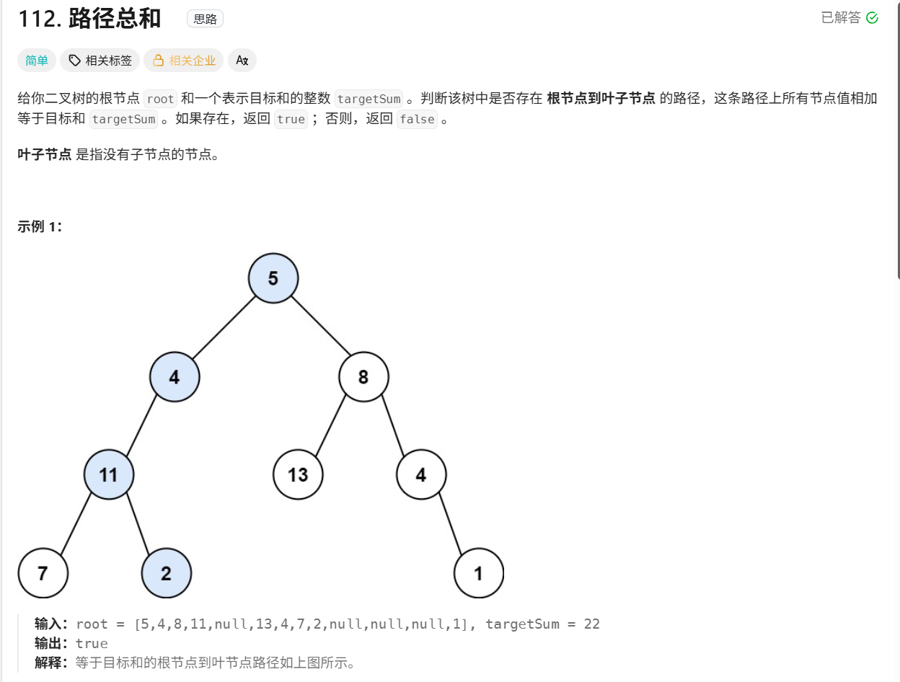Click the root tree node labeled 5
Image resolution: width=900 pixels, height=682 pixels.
pos(273,278)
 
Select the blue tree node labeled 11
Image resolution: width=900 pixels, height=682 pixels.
pos(108,474)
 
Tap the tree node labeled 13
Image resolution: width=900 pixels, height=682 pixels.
pos(298,474)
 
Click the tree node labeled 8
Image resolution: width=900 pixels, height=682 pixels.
pos(363,376)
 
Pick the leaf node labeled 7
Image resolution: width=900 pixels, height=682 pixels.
pos(43,573)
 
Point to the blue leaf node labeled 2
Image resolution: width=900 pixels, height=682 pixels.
pos(167,573)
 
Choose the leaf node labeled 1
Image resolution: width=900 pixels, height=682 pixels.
pos(478,573)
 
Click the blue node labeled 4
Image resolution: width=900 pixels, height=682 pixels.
pos(175,376)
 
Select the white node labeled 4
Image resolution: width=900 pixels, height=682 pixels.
pos(421,474)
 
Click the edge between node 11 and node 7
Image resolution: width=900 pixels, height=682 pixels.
pos(76,523)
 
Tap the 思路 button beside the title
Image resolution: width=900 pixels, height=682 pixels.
pos(205,19)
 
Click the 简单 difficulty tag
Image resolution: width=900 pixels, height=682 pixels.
pos(37,61)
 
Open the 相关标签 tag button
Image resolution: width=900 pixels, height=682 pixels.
pos(100,61)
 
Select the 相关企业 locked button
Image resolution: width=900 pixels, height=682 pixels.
pos(184,61)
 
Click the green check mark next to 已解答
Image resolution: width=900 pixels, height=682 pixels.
pos(872,18)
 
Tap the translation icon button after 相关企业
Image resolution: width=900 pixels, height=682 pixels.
pos(242,61)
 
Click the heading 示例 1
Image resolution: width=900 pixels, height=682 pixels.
pos(40,226)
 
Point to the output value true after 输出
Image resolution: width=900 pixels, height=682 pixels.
pos(92,643)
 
